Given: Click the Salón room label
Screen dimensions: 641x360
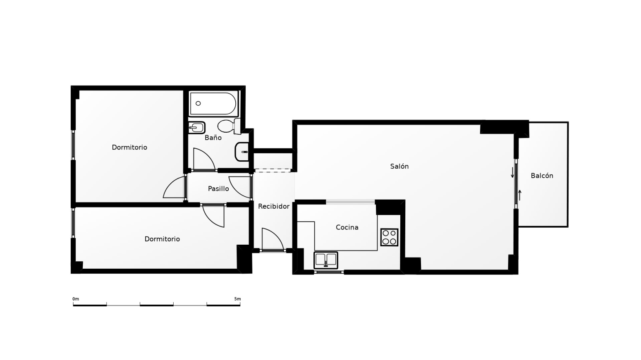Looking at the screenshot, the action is tap(399, 166).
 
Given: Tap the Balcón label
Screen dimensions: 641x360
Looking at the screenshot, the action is tap(542, 176).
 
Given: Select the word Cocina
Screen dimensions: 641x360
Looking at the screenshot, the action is tap(347, 227).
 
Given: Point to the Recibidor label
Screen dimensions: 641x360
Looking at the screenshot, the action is tap(274, 206).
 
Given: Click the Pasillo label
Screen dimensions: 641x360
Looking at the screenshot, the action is tap(218, 188).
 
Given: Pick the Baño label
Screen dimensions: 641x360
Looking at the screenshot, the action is tap(213, 138).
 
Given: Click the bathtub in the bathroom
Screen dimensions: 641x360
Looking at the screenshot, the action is tap(213, 103).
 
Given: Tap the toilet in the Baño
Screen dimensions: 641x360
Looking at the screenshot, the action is tap(229, 126).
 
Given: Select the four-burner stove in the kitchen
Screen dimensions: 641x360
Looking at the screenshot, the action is tap(389, 237).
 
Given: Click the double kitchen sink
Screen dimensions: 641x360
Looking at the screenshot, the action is tap(325, 260).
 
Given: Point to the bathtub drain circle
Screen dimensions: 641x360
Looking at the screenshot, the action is tap(198, 103).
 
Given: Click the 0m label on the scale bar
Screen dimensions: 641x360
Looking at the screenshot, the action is tap(76, 299).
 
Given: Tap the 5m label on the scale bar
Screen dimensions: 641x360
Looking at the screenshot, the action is tap(237, 299).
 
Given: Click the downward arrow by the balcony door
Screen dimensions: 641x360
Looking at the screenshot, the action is tap(512, 173).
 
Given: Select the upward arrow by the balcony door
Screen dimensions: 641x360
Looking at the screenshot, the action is tap(520, 195).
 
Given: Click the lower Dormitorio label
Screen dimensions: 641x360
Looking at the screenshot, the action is tap(162, 239).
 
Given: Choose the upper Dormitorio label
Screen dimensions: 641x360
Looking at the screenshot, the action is tap(129, 147).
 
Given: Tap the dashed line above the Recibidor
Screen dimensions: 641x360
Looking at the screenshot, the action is tap(273, 171).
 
